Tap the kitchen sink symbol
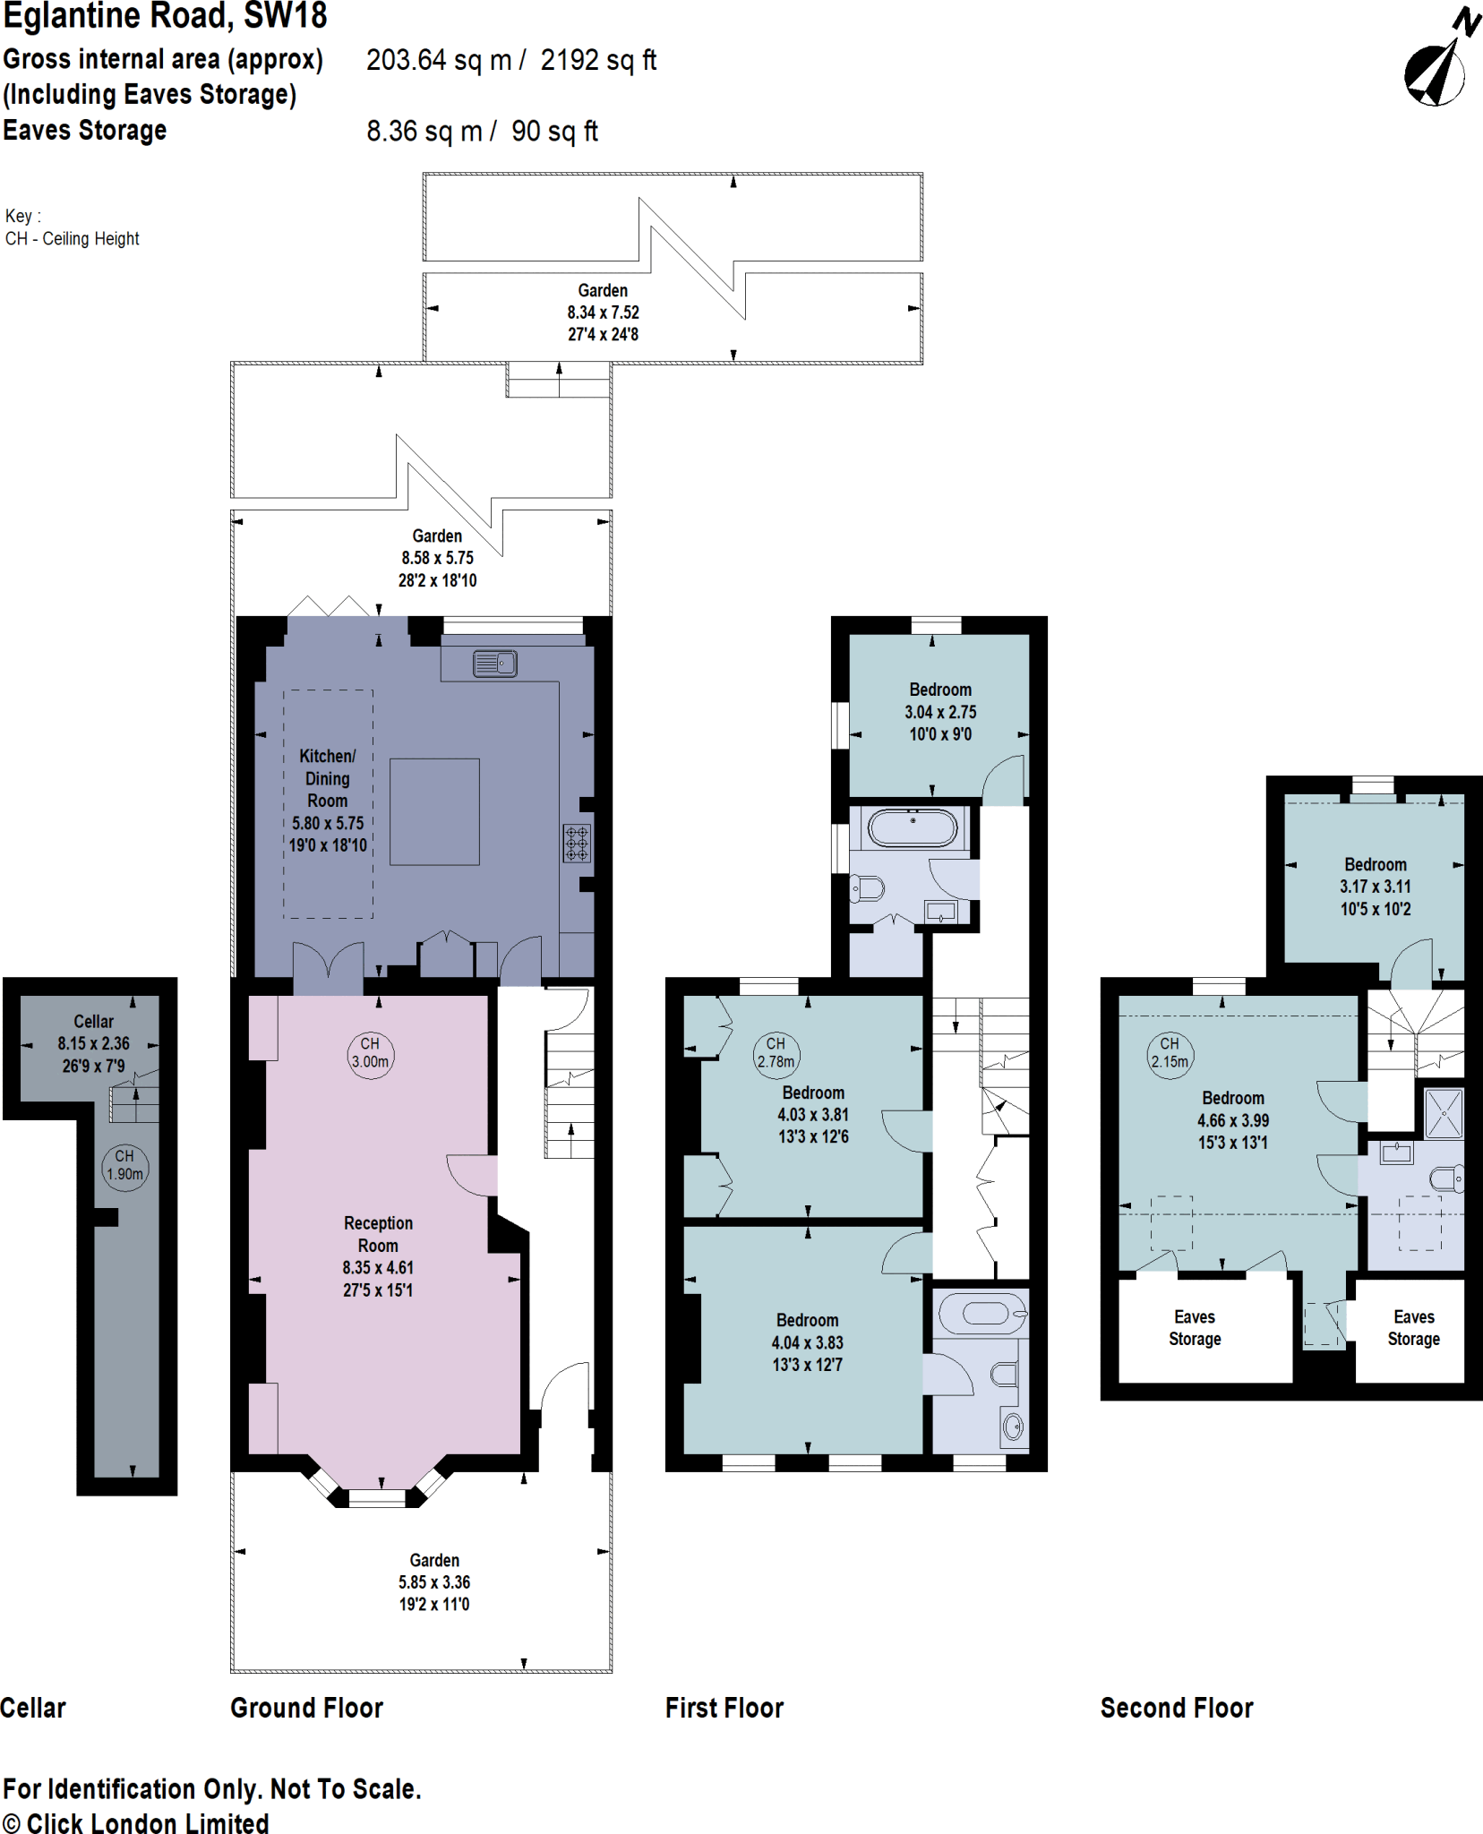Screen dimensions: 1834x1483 [x=494, y=664]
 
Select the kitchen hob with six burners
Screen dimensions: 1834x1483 [x=577, y=843]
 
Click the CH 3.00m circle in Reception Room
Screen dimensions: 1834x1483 [x=370, y=1054]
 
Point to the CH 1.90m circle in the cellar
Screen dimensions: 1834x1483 [x=124, y=1166]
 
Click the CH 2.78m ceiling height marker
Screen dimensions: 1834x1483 [x=776, y=1053]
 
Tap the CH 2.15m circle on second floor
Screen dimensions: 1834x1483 [x=1170, y=1054]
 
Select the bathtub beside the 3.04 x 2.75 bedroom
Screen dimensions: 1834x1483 [x=913, y=828]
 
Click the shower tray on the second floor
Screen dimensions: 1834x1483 [x=1443, y=1113]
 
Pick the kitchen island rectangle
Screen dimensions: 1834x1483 [x=434, y=811]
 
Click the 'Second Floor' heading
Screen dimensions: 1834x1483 [x=1176, y=1708]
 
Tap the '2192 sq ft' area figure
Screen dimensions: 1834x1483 [x=598, y=60]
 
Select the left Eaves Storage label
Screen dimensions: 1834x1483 [x=1195, y=1327]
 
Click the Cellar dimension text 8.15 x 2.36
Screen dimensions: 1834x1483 [x=93, y=1043]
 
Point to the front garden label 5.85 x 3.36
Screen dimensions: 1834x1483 [x=434, y=1582]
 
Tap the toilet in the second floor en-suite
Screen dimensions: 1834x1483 [x=1446, y=1178]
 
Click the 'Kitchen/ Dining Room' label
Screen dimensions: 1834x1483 [x=327, y=778]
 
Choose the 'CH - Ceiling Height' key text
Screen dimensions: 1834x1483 [x=73, y=238]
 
